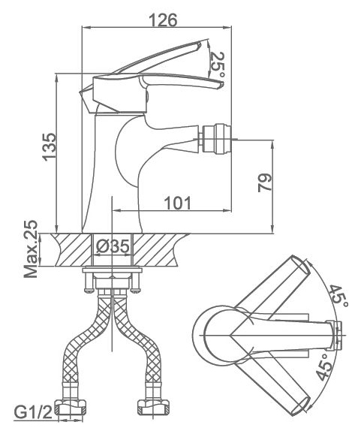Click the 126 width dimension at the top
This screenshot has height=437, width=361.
click(163, 20)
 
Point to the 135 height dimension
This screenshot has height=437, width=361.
click(50, 146)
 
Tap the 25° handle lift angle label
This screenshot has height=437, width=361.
click(218, 65)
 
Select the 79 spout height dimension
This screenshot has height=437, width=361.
click(265, 182)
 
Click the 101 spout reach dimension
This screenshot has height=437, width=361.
click(178, 203)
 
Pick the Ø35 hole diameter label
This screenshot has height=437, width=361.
click(113, 246)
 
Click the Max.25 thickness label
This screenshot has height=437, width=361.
click(30, 249)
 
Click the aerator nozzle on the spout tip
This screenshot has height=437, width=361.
click(217, 140)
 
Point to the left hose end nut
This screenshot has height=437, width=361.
click(71, 408)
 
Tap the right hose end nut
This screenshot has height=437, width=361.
click(152, 408)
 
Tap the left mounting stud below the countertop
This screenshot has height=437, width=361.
click(89, 282)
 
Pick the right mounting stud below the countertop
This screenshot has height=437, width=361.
click(136, 282)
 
